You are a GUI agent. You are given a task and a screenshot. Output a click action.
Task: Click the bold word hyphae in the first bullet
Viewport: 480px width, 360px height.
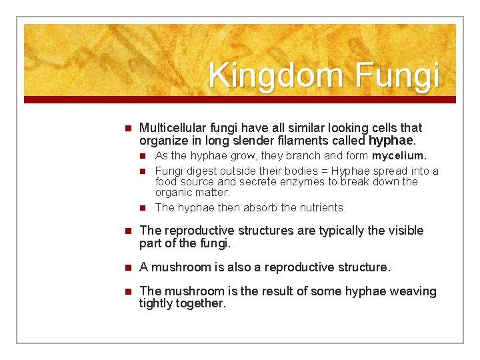(391, 141)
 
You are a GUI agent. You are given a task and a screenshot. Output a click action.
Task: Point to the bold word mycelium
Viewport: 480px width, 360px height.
(399, 156)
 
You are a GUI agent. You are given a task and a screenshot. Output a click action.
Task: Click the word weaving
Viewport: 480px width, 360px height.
(413, 291)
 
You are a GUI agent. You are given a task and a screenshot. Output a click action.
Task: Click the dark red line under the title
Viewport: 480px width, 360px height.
(240, 99)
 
